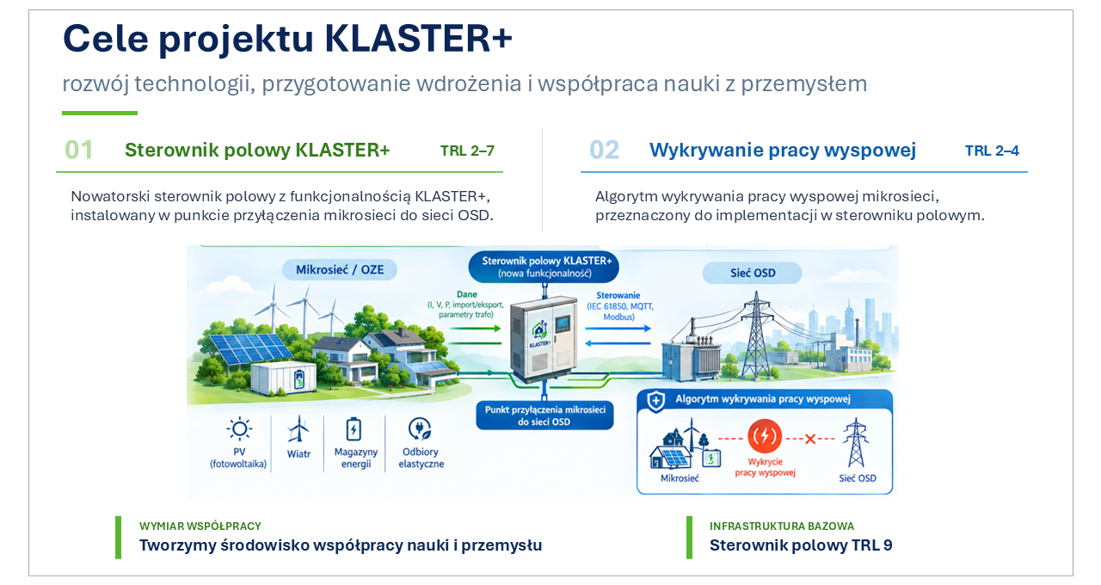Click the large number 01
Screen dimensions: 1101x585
[78, 150]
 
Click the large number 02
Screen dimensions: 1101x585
[604, 150]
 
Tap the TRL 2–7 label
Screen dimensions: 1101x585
[467, 151]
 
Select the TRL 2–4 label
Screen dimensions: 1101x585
[992, 151]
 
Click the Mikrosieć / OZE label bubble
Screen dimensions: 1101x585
[340, 270]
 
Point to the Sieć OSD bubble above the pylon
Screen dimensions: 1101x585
[752, 273]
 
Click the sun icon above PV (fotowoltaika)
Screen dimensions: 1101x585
[239, 429]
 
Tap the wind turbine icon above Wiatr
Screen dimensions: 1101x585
[298, 429]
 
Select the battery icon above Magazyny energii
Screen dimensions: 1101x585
[354, 429]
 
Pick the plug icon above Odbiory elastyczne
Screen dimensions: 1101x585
[420, 428]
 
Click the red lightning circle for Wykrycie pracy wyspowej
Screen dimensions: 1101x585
[765, 436]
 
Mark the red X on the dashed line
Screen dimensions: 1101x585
[810, 439]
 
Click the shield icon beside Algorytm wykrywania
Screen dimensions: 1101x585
[655, 401]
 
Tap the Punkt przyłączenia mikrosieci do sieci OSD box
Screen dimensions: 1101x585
[544, 416]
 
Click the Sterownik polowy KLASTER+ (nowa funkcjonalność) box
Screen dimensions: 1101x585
[544, 267]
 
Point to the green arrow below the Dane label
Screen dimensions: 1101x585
[475, 328]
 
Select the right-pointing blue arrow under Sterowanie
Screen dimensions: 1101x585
[618, 328]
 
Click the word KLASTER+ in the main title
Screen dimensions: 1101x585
[418, 39]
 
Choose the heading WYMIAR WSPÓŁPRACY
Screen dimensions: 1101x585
[200, 526]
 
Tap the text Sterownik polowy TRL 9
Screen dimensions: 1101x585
[801, 545]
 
